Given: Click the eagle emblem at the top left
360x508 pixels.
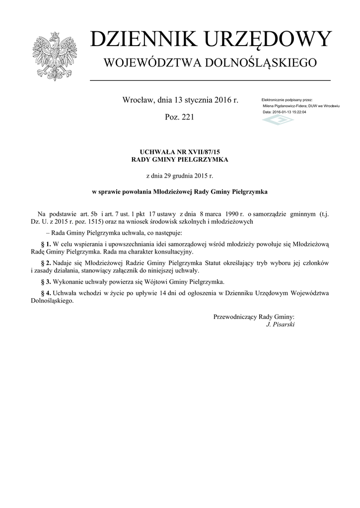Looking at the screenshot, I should click(54, 56).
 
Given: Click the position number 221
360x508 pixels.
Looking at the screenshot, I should click(186, 118).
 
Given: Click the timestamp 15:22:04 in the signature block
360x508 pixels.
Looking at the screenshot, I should click(298, 112).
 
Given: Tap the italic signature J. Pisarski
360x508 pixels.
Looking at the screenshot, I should click(281, 324).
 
